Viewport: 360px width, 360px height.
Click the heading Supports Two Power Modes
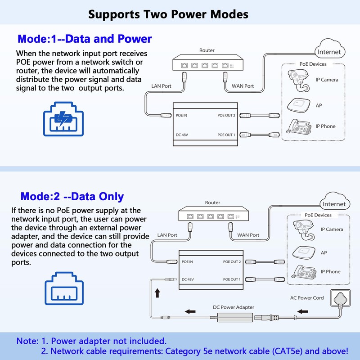coord(168,14)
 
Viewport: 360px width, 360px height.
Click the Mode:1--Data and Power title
coord(85,39)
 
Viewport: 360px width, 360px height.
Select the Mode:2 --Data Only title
coord(72,197)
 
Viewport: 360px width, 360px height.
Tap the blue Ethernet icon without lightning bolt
coord(64,287)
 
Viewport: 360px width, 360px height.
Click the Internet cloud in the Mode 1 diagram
coord(329,51)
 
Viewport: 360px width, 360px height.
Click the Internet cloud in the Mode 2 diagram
coord(334,203)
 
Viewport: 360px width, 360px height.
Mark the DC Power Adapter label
coord(234,307)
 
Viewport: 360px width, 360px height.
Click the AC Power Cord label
coord(307,298)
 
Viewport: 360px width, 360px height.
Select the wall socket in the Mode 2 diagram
coord(341,298)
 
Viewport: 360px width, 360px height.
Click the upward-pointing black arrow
coord(157,293)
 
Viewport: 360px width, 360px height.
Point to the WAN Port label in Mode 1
coord(243,85)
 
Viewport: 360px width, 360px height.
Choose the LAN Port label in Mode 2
coord(167,235)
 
